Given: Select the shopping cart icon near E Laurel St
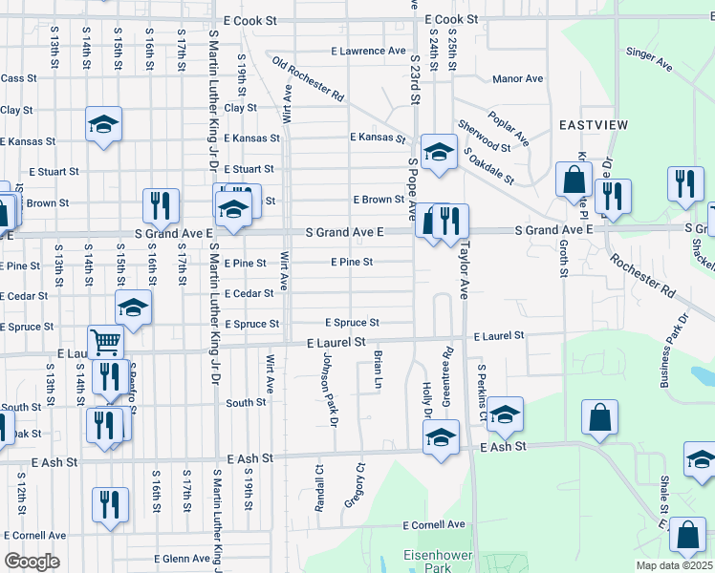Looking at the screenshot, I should (105, 341).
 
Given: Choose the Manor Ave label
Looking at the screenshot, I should (517, 79).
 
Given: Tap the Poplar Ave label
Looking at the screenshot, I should (509, 126).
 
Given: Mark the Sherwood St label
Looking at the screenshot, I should (484, 136).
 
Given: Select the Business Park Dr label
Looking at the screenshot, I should (674, 350).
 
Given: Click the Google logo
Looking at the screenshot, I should (32, 561).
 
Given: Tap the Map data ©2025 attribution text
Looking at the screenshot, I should (674, 565).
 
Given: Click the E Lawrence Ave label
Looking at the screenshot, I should (368, 51).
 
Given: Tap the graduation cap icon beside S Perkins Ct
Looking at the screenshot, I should (505, 413).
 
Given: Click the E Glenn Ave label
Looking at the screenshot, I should (182, 559).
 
